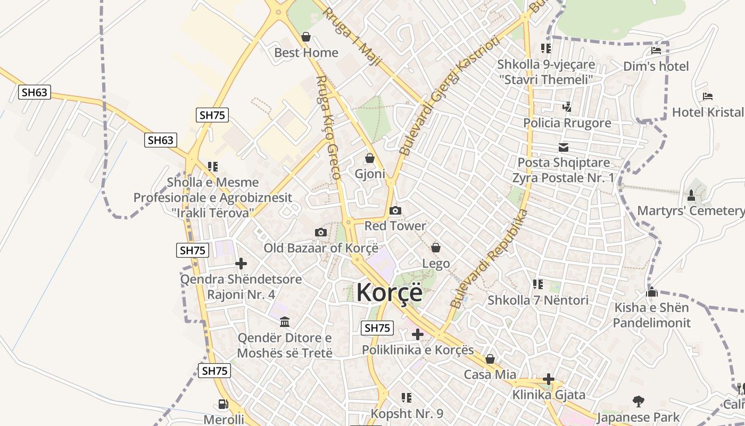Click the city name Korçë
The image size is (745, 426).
(x=389, y=292)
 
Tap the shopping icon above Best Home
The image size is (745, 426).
(x=306, y=37)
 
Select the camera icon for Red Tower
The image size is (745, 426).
(x=395, y=210)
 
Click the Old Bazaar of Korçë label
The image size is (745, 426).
(x=321, y=248)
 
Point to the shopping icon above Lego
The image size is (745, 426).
(x=436, y=248)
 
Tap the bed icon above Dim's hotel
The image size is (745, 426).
(x=656, y=51)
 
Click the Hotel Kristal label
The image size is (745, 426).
(x=708, y=112)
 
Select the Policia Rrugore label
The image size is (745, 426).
(x=567, y=123)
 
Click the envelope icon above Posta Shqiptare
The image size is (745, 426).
(x=564, y=148)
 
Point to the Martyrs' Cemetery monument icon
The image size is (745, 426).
(x=691, y=195)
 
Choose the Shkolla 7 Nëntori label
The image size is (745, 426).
(x=538, y=300)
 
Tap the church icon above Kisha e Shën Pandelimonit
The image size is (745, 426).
(x=652, y=292)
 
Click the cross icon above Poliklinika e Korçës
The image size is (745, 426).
(x=418, y=334)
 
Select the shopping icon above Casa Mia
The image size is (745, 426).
(x=490, y=359)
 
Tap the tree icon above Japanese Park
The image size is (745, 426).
(x=638, y=401)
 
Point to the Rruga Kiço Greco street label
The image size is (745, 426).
(x=328, y=127)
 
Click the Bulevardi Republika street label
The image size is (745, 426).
(x=489, y=259)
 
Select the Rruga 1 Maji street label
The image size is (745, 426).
(x=352, y=37)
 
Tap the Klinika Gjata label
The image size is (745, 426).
(x=549, y=395)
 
